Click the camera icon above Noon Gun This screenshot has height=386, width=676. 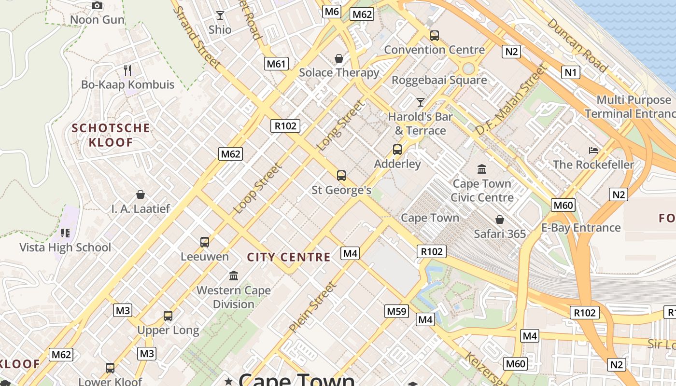point(97,6)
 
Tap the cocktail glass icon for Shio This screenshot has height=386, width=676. point(220,15)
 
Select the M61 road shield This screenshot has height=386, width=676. point(277,63)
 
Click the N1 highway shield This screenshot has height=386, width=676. point(571,72)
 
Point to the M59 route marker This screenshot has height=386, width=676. point(397,311)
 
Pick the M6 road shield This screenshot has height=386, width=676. point(332,12)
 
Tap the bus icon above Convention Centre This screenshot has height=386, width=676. point(435,35)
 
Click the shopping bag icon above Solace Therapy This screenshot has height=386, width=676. point(339,58)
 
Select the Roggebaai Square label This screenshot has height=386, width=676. point(439,80)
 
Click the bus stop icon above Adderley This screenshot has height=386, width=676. point(397,150)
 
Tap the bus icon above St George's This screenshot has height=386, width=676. point(341,176)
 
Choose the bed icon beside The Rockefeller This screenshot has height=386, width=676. point(593,151)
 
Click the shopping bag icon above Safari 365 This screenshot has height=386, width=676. point(500,220)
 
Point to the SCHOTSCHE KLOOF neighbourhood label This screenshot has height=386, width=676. point(111,135)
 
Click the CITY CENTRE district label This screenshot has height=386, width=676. point(289,257)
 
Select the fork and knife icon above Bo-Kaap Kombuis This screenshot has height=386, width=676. point(127,70)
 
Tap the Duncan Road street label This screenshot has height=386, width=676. point(577,45)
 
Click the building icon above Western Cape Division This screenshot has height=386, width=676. point(234,276)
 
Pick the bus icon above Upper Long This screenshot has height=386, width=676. point(168,316)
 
